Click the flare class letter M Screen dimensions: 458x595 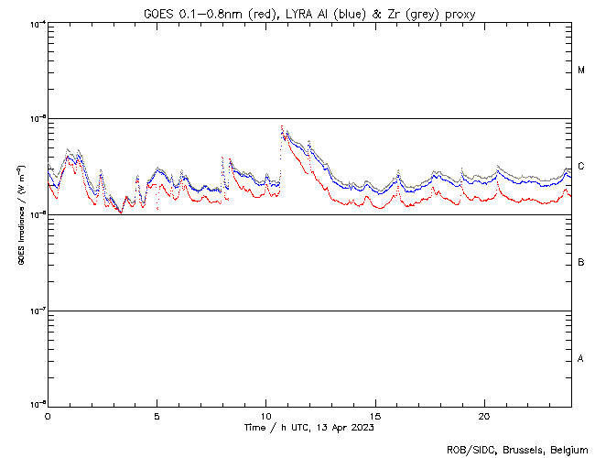point(581,71)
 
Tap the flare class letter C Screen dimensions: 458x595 point(581,167)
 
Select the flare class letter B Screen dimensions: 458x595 point(581,263)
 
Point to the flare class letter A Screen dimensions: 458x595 point(581,358)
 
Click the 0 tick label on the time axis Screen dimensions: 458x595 point(48,415)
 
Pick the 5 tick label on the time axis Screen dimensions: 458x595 point(157,415)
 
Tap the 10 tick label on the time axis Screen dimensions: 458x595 point(265,415)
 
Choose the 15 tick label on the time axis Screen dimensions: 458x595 point(375,415)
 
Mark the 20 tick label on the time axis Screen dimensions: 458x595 point(484,415)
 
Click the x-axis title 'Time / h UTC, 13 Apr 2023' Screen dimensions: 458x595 point(308,427)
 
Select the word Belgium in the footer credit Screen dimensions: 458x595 point(568,450)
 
